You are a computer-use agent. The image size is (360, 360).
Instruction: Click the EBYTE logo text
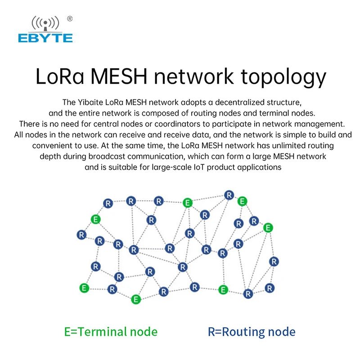coord(45,38)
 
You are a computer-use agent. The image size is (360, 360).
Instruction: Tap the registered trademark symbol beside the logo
coord(69,18)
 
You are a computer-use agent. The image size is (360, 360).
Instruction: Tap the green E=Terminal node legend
coord(111,332)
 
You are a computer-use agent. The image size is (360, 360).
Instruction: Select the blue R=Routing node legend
coord(252,332)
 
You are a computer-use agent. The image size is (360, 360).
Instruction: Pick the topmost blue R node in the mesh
coord(229,195)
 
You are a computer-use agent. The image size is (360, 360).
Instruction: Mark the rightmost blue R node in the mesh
coord(274,261)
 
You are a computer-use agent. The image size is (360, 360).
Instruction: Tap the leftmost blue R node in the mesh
coord(81,234)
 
